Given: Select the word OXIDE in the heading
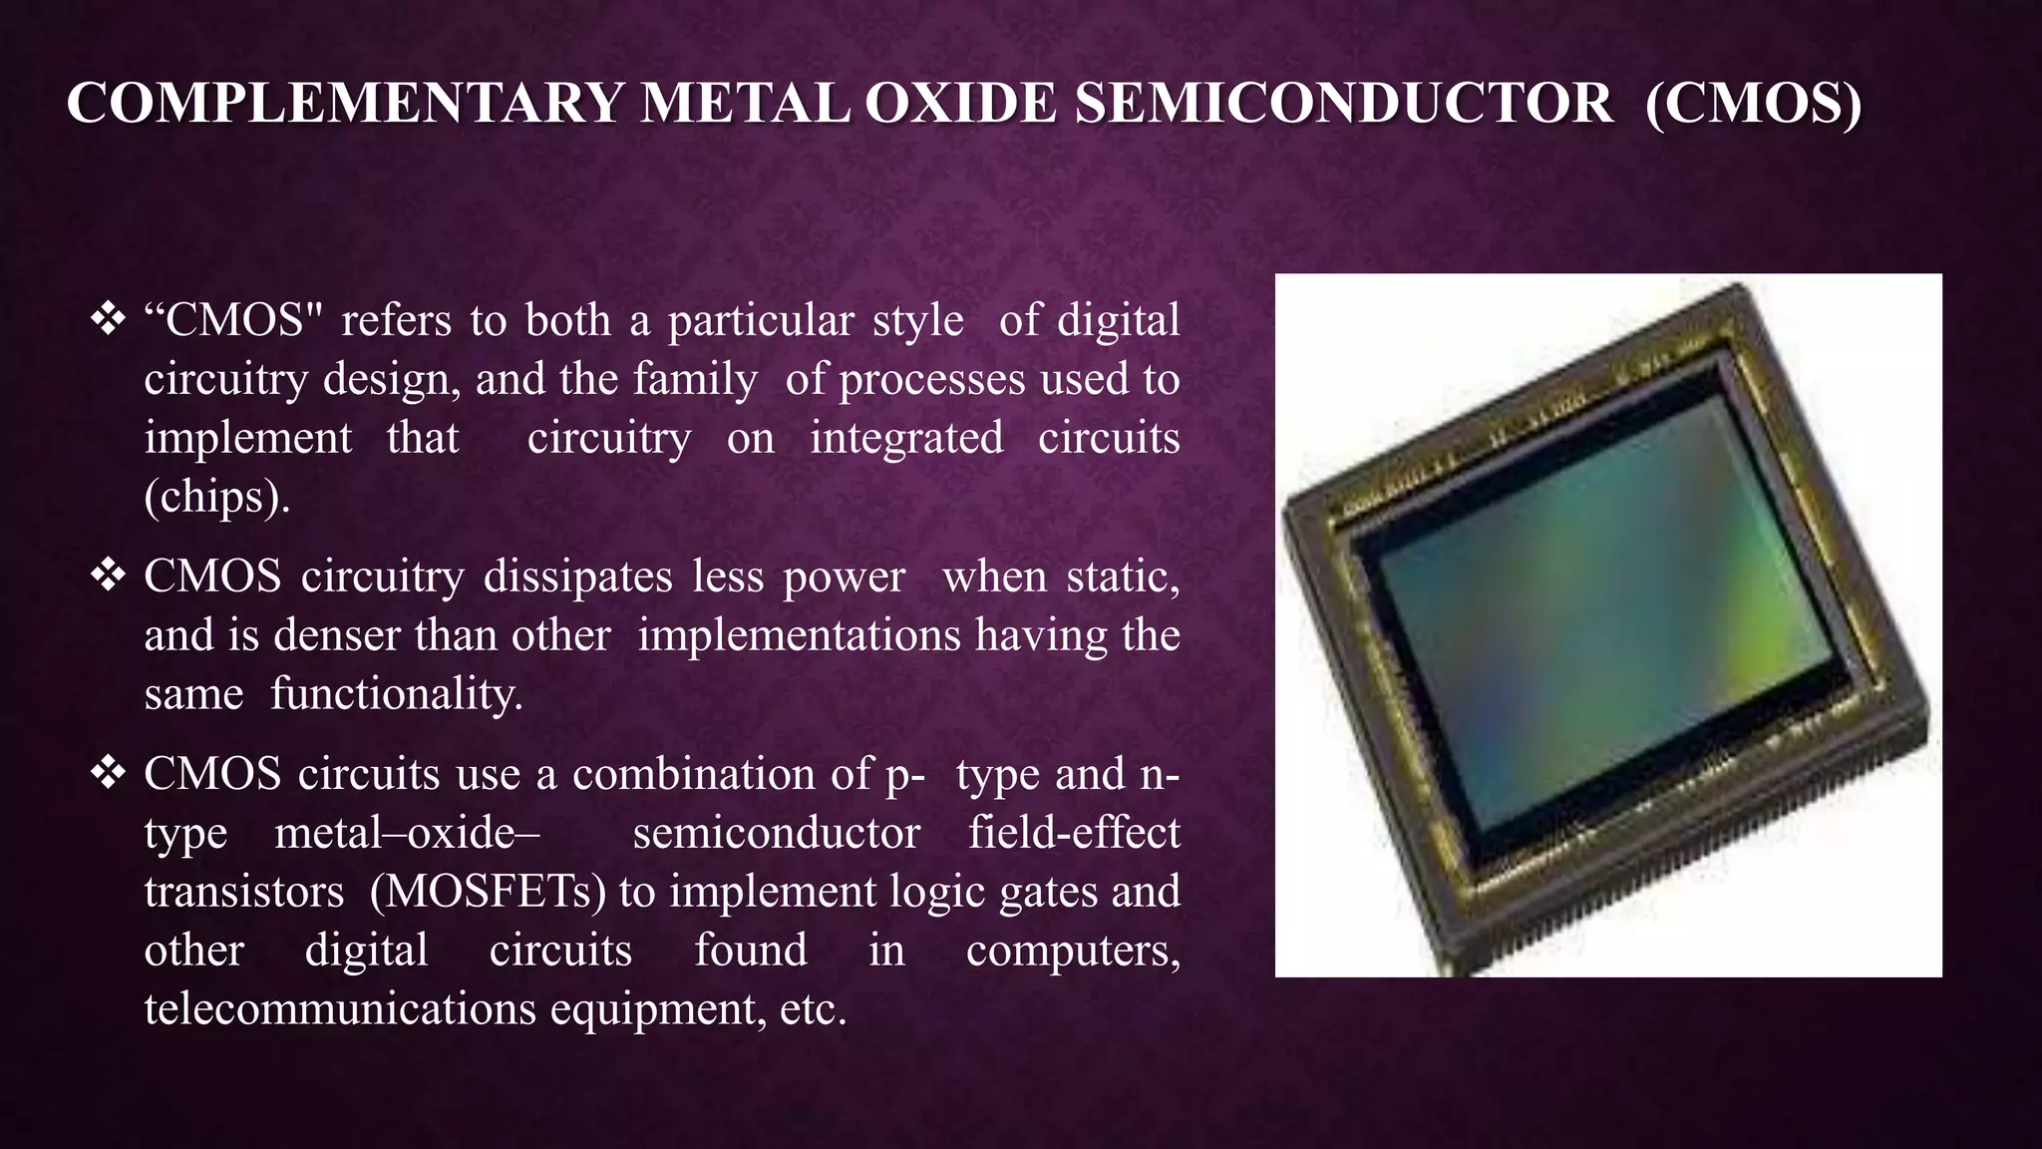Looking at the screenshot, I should tap(960, 104).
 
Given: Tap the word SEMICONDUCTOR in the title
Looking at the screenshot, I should tap(1343, 104).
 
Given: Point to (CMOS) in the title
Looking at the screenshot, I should tap(1753, 104).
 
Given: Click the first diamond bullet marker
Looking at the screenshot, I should tap(107, 320).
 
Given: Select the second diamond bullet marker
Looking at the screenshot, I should tap(107, 575).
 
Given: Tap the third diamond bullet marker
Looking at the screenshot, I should tap(107, 773).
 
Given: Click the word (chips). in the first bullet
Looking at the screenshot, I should tap(217, 497).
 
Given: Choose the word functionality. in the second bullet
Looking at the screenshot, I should tap(396, 694).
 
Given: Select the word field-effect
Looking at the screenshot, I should tap(1074, 833).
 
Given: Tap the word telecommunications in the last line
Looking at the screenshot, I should tap(340, 1009).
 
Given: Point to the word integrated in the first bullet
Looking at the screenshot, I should tap(905, 438).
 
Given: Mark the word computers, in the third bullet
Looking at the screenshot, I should tap(1073, 951).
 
